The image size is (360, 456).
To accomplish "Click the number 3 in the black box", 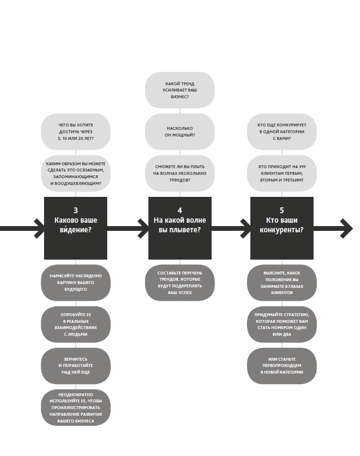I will [x=76, y=210].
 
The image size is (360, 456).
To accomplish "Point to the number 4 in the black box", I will [x=180, y=210].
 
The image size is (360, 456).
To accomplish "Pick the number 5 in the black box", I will [x=281, y=210].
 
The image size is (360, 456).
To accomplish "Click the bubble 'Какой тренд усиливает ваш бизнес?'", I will [x=180, y=90].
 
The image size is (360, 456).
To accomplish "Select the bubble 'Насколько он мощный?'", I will [x=180, y=132].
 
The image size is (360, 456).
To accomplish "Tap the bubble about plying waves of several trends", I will [x=180, y=173].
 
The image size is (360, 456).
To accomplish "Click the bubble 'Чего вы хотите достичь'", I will [x=76, y=132].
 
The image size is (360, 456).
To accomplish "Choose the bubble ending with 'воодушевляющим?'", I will [x=76, y=173].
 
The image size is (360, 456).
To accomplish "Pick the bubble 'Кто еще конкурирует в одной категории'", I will [x=281, y=132].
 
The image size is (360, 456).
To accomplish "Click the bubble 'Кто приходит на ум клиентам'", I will [x=281, y=173].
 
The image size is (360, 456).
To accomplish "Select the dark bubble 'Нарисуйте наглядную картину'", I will [x=76, y=283].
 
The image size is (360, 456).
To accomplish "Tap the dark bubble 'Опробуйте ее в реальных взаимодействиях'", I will [x=76, y=324].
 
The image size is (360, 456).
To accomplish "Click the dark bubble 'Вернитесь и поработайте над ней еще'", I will [x=76, y=365].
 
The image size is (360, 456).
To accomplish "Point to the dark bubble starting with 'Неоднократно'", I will [x=76, y=408].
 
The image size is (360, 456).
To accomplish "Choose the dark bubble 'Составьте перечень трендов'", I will [x=180, y=283].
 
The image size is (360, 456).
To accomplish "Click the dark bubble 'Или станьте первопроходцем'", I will [x=281, y=365].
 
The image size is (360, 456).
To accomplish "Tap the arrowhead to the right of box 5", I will [x=347, y=228].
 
